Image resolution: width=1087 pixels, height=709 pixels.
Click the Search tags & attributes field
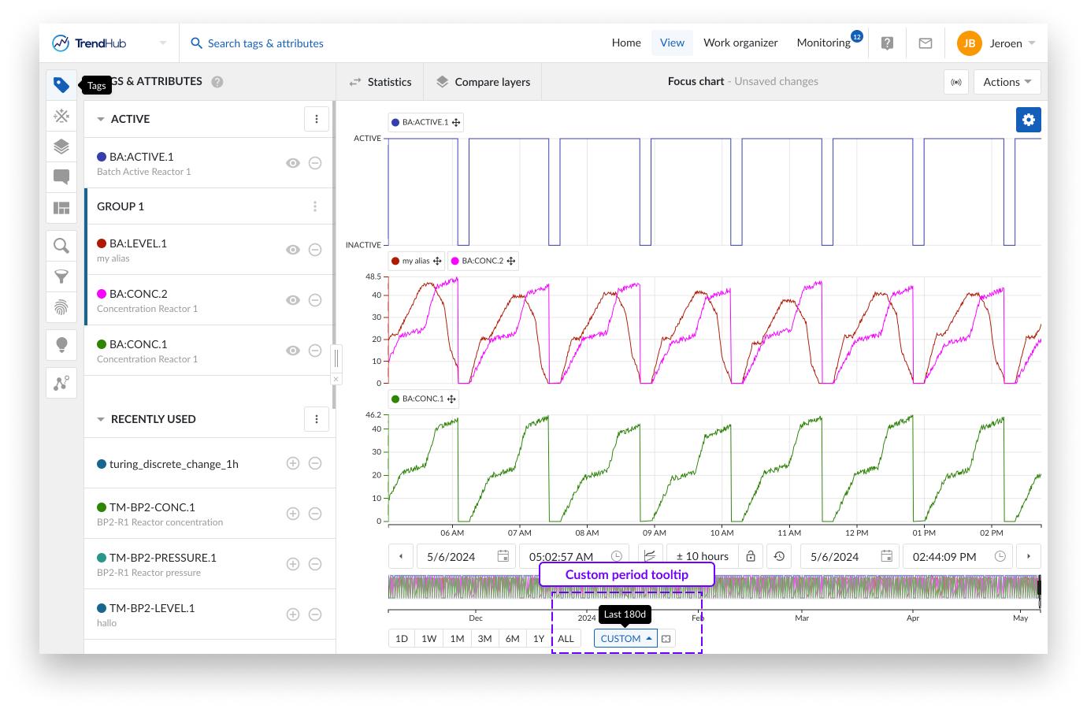pyautogui.click(x=265, y=43)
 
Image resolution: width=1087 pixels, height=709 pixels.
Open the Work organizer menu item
pyautogui.click(x=740, y=43)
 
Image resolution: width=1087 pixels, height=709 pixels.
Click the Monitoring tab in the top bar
pyautogui.click(x=823, y=43)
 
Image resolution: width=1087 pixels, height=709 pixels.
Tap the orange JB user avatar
pyautogui.click(x=969, y=43)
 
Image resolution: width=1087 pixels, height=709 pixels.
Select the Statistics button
pyautogui.click(x=380, y=82)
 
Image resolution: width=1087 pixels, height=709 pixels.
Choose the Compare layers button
pyautogui.click(x=484, y=82)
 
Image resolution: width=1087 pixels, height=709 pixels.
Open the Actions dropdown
pyautogui.click(x=1007, y=82)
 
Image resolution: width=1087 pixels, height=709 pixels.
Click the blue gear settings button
pyautogui.click(x=1028, y=120)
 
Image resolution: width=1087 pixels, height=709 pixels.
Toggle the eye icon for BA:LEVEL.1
pyautogui.click(x=293, y=250)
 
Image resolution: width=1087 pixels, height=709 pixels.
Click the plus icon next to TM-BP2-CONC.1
pyautogui.click(x=293, y=514)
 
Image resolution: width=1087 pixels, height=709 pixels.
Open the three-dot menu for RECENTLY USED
pyautogui.click(x=317, y=419)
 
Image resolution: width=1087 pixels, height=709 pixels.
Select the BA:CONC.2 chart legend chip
pyautogui.click(x=483, y=261)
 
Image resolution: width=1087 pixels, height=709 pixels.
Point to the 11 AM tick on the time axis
pyautogui.click(x=788, y=533)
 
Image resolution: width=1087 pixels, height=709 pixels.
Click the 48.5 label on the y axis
pyautogui.click(x=373, y=277)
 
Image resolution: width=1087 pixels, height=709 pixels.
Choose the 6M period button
pyautogui.click(x=512, y=639)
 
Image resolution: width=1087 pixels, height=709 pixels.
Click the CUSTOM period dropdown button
pyautogui.click(x=625, y=639)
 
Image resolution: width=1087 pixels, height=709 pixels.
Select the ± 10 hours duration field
pyautogui.click(x=702, y=556)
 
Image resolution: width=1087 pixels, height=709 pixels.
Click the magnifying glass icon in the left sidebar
pyautogui.click(x=61, y=246)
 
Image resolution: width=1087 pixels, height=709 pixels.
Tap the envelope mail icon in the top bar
pyautogui.click(x=926, y=43)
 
